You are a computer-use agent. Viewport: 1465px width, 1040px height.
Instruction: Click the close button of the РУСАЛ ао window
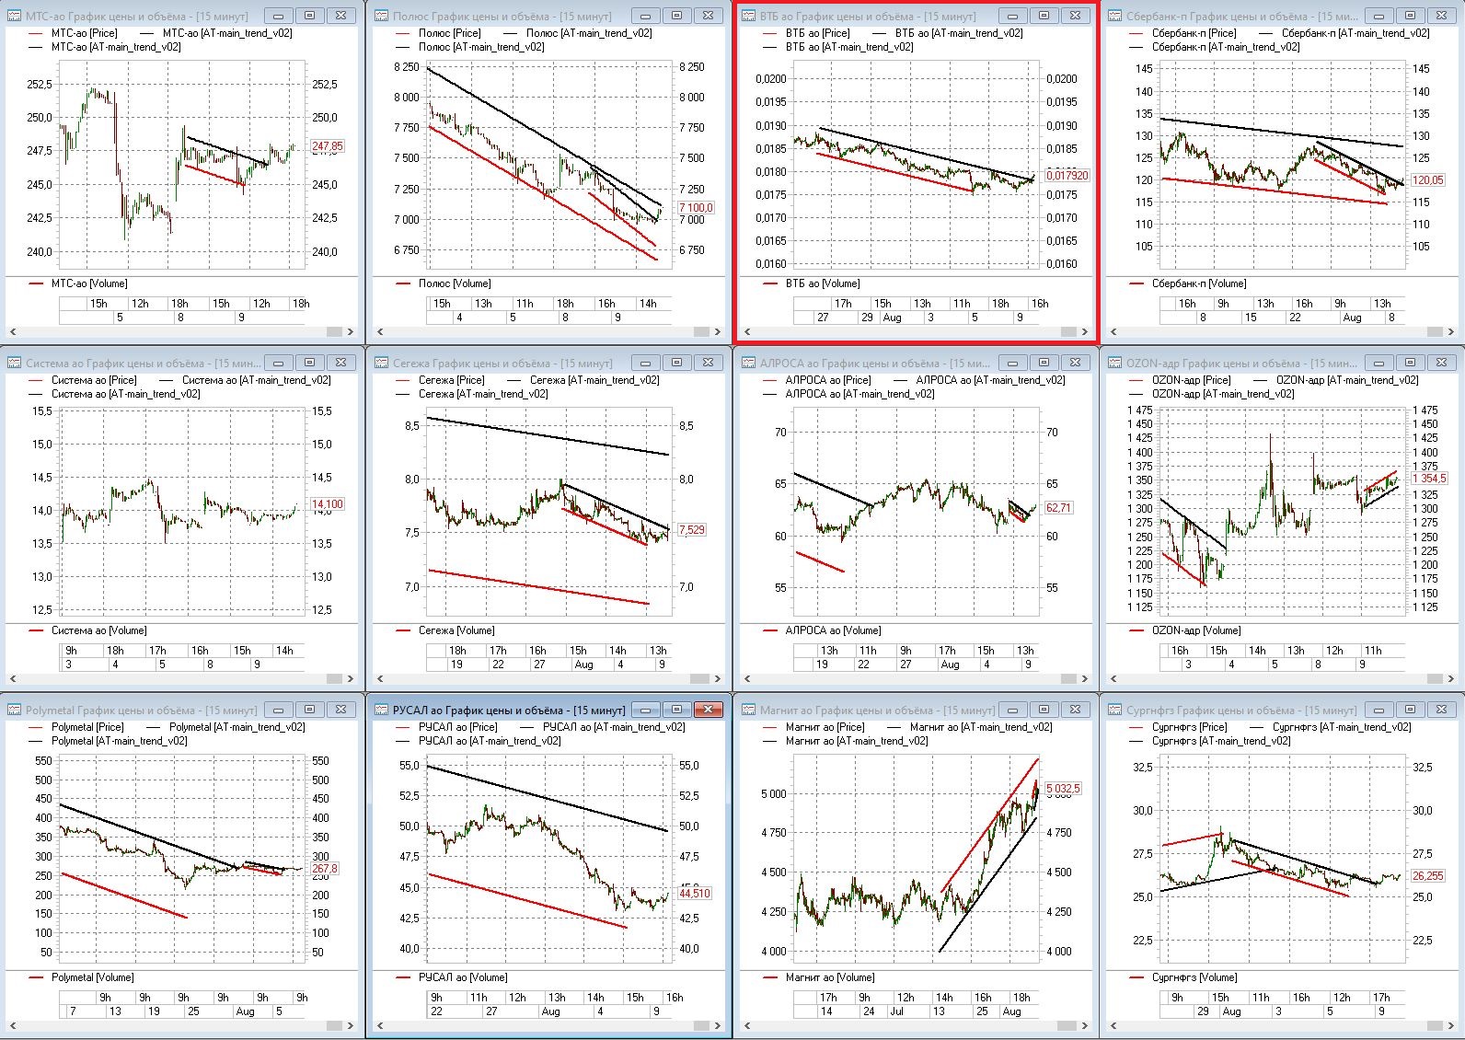pyautogui.click(x=708, y=710)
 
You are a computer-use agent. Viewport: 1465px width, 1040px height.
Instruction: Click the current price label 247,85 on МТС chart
pyautogui.click(x=327, y=146)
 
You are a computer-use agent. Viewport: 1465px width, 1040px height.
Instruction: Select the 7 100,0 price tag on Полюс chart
pyautogui.click(x=695, y=208)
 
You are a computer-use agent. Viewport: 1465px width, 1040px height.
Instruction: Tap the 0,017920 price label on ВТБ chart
pyautogui.click(x=1066, y=175)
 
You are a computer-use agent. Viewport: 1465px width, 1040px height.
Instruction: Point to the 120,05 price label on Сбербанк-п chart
pyautogui.click(x=1427, y=180)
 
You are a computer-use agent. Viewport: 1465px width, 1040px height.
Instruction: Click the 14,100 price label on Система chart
pyautogui.click(x=327, y=504)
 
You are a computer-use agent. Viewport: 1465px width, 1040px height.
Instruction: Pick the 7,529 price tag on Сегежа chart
pyautogui.click(x=691, y=530)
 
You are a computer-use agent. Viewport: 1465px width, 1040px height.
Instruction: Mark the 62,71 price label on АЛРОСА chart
pyautogui.click(x=1058, y=508)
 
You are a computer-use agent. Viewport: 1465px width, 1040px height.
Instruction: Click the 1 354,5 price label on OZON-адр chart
pyautogui.click(x=1428, y=479)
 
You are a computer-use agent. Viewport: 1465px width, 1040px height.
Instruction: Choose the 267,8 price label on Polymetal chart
pyautogui.click(x=325, y=869)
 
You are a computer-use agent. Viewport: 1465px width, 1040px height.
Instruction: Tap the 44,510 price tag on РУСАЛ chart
pyautogui.click(x=695, y=894)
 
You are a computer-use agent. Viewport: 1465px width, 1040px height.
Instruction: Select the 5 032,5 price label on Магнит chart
pyautogui.click(x=1063, y=789)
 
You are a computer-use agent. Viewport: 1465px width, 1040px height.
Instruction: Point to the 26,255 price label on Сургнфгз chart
pyautogui.click(x=1427, y=876)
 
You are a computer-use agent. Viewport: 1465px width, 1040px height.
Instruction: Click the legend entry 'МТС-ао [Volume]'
pyautogui.click(x=89, y=283)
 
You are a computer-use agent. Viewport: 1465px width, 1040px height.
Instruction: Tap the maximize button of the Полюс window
pyautogui.click(x=676, y=16)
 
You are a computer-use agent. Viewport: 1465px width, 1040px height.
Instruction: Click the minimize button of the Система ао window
pyautogui.click(x=278, y=363)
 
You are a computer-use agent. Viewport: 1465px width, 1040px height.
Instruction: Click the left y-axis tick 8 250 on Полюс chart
pyautogui.click(x=406, y=67)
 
